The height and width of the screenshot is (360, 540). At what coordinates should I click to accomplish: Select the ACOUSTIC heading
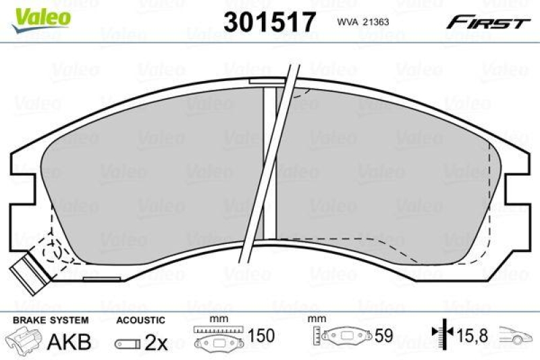click(x=140, y=319)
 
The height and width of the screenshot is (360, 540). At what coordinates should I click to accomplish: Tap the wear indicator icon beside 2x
click(x=128, y=343)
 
